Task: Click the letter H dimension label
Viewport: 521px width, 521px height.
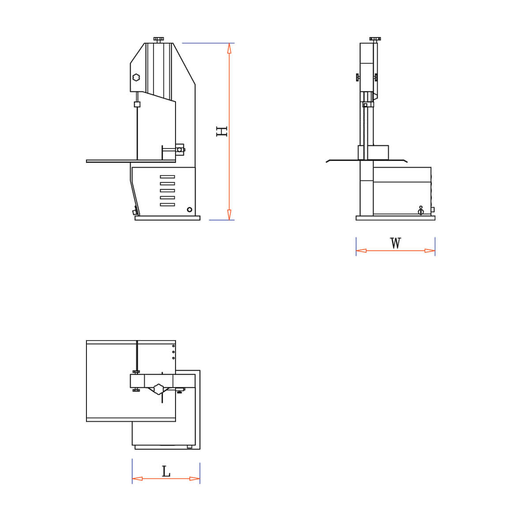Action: (x=221, y=131)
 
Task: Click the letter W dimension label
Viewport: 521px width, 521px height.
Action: (x=395, y=243)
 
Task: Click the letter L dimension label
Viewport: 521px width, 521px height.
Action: (x=166, y=472)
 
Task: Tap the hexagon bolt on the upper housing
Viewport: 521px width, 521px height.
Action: (x=136, y=77)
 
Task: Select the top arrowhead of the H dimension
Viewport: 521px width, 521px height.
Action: (x=229, y=48)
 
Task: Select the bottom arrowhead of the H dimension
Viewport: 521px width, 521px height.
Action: (x=229, y=215)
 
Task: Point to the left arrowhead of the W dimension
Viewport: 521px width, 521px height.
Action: (x=361, y=251)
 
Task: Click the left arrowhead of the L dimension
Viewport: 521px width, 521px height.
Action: (x=137, y=479)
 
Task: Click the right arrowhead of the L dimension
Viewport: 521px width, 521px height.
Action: (x=195, y=479)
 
